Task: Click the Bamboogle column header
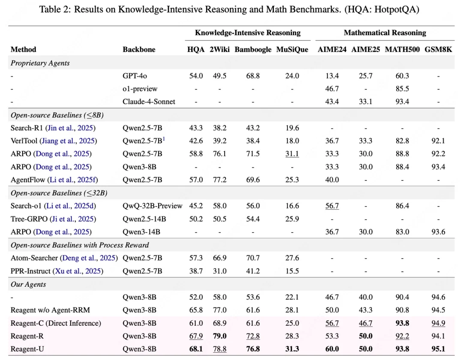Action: pyautogui.click(x=253, y=49)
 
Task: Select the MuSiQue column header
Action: pyautogui.click(x=292, y=49)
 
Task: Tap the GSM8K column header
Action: pyautogui.click(x=438, y=49)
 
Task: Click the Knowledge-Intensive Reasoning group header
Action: pyautogui.click(x=247, y=33)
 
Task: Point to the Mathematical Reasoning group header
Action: pyautogui.click(x=385, y=33)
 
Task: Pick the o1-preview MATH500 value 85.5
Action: pyautogui.click(x=403, y=89)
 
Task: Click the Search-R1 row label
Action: pyautogui.click(x=53, y=128)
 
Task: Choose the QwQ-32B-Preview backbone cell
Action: pyautogui.click(x=152, y=206)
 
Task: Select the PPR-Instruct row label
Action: pyautogui.click(x=57, y=271)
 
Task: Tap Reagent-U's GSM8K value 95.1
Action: pyautogui.click(x=438, y=349)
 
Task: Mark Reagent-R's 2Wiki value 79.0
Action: pyautogui.click(x=219, y=336)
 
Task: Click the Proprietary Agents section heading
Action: pyautogui.click(x=40, y=63)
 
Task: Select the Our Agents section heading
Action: pyautogui.click(x=28, y=284)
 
